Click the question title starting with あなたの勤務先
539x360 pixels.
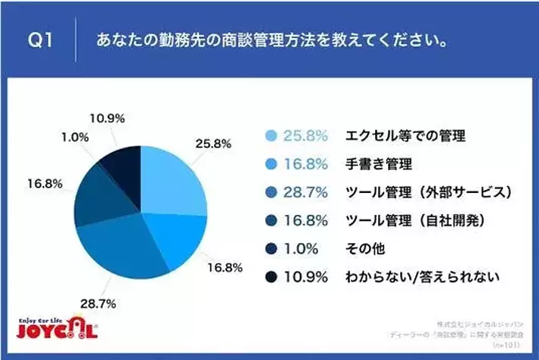[270, 40]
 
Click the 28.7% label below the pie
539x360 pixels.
[99, 304]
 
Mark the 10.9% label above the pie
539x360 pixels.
[107, 118]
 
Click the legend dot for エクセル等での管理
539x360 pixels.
[270, 137]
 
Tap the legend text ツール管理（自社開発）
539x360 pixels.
[413, 221]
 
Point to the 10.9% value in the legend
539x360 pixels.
[306, 277]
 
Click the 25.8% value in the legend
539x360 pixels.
[306, 137]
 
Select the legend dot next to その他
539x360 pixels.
[270, 249]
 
